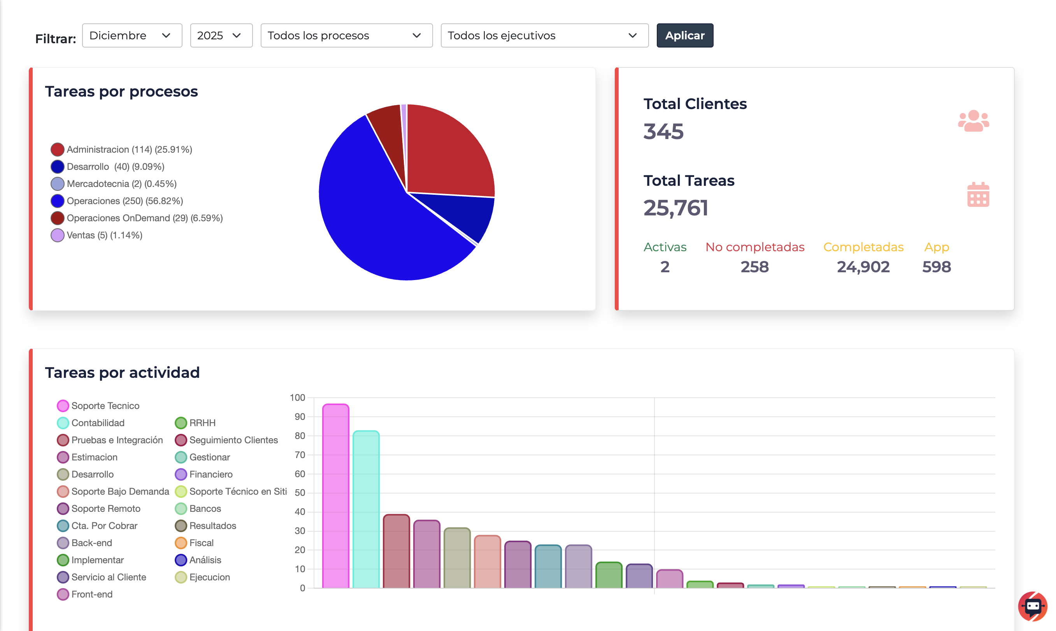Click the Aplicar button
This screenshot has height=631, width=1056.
[x=684, y=35]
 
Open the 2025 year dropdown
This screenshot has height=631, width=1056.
[x=221, y=35]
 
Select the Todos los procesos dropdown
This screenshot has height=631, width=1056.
[x=346, y=35]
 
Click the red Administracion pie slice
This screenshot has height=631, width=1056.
[x=446, y=153]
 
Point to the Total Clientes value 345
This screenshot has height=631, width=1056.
[x=663, y=131]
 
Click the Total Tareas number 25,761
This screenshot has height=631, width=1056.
[x=675, y=208]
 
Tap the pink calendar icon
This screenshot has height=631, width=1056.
[x=978, y=195]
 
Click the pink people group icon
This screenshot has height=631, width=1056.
[x=973, y=121]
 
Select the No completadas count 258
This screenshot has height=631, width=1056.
[x=754, y=267]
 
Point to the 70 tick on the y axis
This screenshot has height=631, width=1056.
[x=300, y=455]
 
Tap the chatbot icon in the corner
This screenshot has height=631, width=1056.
[x=1033, y=606]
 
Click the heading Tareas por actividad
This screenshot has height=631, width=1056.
[x=122, y=372]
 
